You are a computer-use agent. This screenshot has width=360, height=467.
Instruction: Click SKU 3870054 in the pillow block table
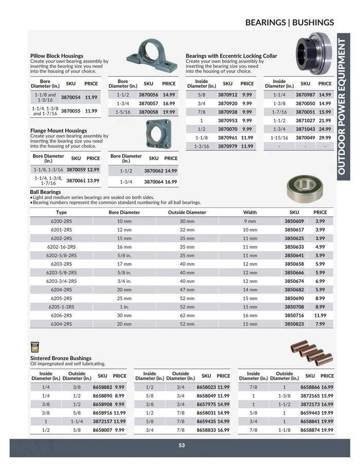click(70, 97)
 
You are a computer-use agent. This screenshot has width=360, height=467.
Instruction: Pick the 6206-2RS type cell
click(61, 315)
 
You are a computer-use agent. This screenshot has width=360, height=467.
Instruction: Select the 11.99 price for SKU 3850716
click(320, 315)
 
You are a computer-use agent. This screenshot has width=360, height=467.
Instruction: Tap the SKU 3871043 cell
click(305, 129)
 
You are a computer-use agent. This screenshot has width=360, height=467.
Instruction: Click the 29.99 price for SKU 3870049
click(325, 138)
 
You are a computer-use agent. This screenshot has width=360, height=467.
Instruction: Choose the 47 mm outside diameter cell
click(187, 290)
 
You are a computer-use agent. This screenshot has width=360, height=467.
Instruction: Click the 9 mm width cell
click(249, 221)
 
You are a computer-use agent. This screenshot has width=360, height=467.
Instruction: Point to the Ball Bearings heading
click(45, 192)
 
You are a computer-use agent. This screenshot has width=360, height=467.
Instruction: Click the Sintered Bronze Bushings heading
click(61, 358)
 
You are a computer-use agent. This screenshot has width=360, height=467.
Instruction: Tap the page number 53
click(182, 445)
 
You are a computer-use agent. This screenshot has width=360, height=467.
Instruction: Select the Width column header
click(249, 212)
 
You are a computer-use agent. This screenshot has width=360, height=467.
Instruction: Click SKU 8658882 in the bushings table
click(102, 387)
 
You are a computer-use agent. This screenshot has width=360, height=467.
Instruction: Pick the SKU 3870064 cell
click(153, 182)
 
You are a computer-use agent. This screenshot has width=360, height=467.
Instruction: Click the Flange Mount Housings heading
click(59, 131)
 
